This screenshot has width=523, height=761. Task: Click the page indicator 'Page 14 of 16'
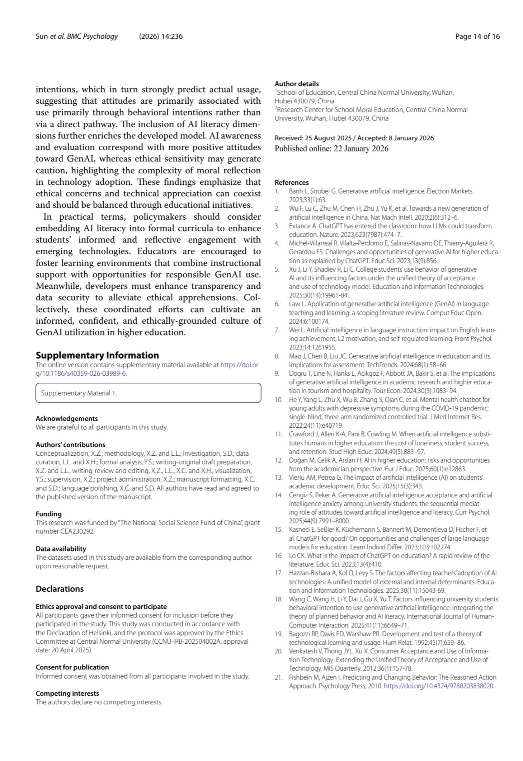coord(477,36)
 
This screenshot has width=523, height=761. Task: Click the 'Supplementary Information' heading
coord(97,355)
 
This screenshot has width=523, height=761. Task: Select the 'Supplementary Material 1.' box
coord(148,393)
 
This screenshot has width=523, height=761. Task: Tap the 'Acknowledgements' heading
coord(67,418)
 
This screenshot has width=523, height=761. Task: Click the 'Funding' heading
coord(48,514)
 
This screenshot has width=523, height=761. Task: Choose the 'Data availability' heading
coord(61,549)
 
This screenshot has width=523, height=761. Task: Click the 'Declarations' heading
coord(60,589)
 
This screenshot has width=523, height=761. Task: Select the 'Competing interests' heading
coord(67,693)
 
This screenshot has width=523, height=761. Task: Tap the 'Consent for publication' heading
coord(72,667)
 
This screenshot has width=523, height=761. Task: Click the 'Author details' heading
coord(297,84)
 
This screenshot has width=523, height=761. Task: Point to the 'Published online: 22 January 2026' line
coord(331,149)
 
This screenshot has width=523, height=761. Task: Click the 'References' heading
coord(292,182)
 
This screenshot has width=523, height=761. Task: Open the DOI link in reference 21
coord(439,686)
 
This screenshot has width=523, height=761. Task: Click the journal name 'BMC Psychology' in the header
coord(92,36)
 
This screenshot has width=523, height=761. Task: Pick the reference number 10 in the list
coord(279,399)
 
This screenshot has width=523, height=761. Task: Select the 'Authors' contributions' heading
coord(70,445)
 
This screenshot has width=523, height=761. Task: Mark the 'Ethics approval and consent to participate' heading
coord(101,606)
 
